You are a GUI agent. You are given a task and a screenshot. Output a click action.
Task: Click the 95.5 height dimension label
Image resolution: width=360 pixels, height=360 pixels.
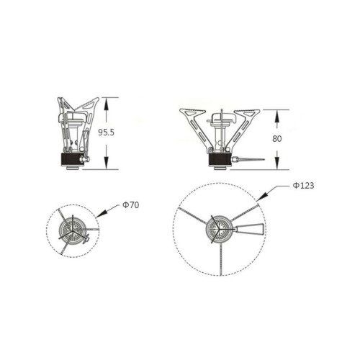(x=107, y=132)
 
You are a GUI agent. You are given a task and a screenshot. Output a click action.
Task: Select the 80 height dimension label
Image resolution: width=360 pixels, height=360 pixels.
(x=276, y=139)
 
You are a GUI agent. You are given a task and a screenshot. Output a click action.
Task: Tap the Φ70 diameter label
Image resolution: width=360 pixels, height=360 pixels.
(x=131, y=205)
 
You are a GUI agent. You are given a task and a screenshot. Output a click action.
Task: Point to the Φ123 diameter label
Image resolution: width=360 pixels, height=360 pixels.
(x=303, y=186)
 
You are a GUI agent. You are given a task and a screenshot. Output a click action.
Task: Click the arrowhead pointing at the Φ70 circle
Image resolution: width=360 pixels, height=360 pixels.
(x=101, y=214)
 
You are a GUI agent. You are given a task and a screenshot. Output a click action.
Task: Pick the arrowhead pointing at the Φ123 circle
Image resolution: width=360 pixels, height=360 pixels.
(x=261, y=196)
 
